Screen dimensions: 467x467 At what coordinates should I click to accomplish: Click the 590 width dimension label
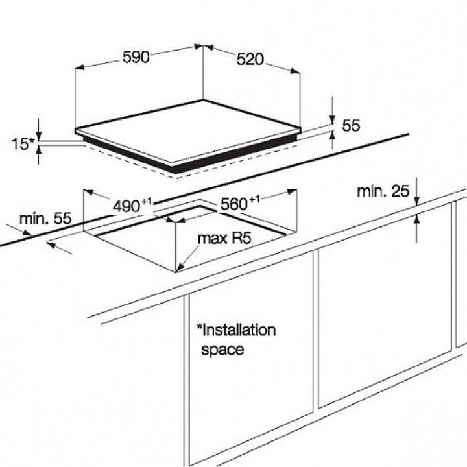tap(136, 56)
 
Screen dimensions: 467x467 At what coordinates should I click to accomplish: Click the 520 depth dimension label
tap(250, 59)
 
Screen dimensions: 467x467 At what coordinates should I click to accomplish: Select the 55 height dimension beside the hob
tap(351, 126)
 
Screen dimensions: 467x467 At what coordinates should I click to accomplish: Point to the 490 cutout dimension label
tap(127, 206)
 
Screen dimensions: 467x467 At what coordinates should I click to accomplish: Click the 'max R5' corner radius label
tap(224, 239)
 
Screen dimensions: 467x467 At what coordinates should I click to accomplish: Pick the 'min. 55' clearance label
tap(45, 218)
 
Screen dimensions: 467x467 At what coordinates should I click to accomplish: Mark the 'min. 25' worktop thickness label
tap(383, 191)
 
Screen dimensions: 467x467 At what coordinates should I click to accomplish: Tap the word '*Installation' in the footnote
tap(236, 330)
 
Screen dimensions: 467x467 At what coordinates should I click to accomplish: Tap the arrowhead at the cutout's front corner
tap(179, 267)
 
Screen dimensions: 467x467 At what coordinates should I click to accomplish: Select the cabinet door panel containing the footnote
tap(250, 370)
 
